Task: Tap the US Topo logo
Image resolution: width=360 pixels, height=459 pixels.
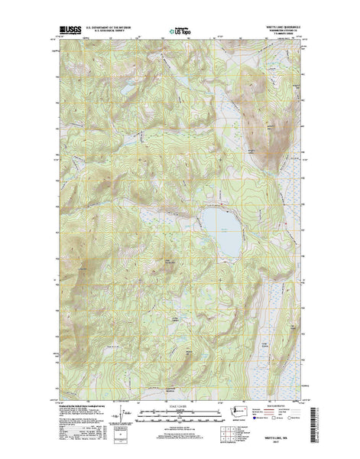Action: (x=180, y=33)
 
